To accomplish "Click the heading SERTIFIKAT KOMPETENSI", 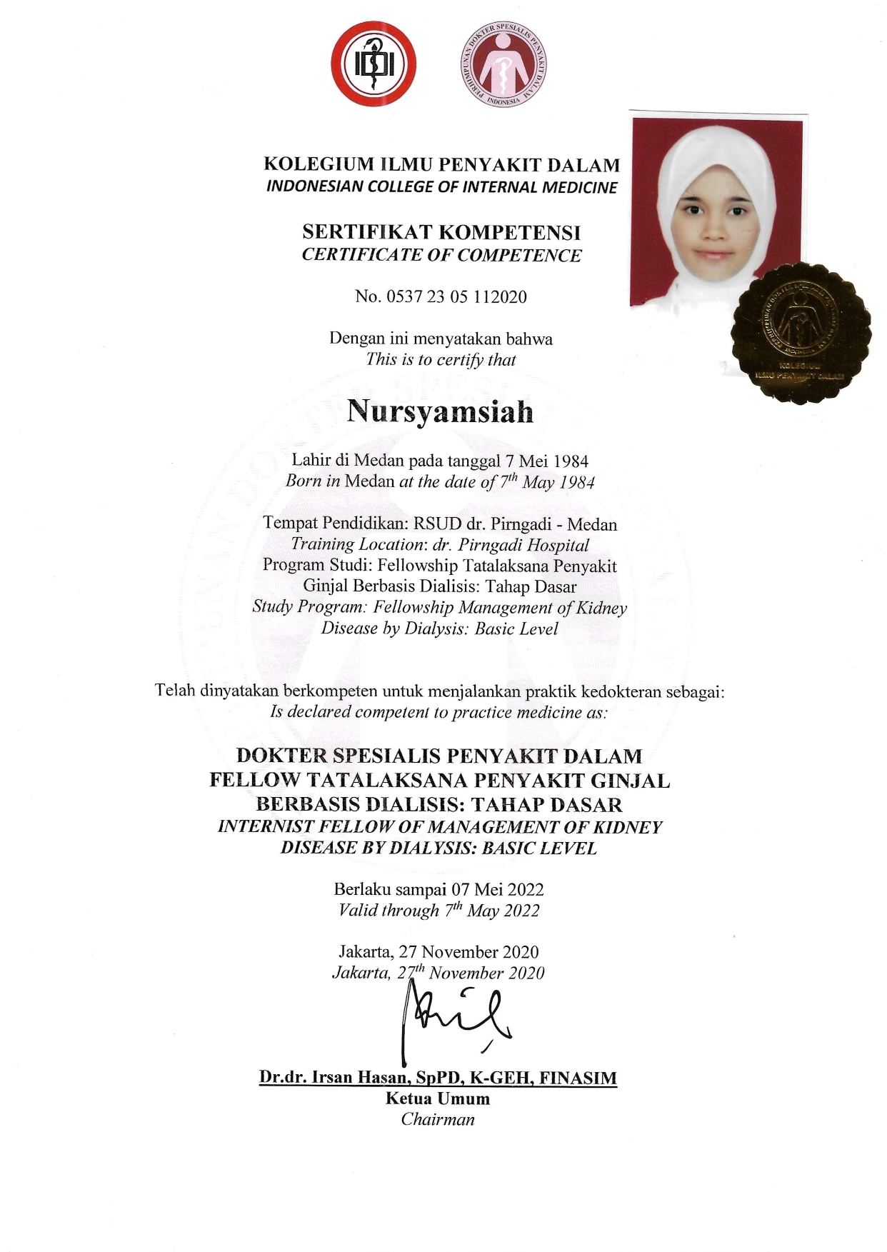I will click(x=441, y=232).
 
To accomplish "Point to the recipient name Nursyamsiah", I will click(x=440, y=413).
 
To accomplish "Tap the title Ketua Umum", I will click(x=438, y=1098).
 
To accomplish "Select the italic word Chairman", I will click(x=438, y=1119).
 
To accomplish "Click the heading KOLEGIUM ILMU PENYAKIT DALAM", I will click(x=442, y=165).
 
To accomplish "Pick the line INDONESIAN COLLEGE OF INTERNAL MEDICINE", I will click(x=441, y=187).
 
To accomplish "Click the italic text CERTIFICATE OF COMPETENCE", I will click(x=441, y=255).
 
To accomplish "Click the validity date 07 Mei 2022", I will click(x=498, y=889).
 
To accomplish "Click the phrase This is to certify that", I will click(x=441, y=359).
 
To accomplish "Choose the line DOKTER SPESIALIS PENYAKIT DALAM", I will click(x=439, y=756).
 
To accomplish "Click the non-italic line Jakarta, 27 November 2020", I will click(x=439, y=952).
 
